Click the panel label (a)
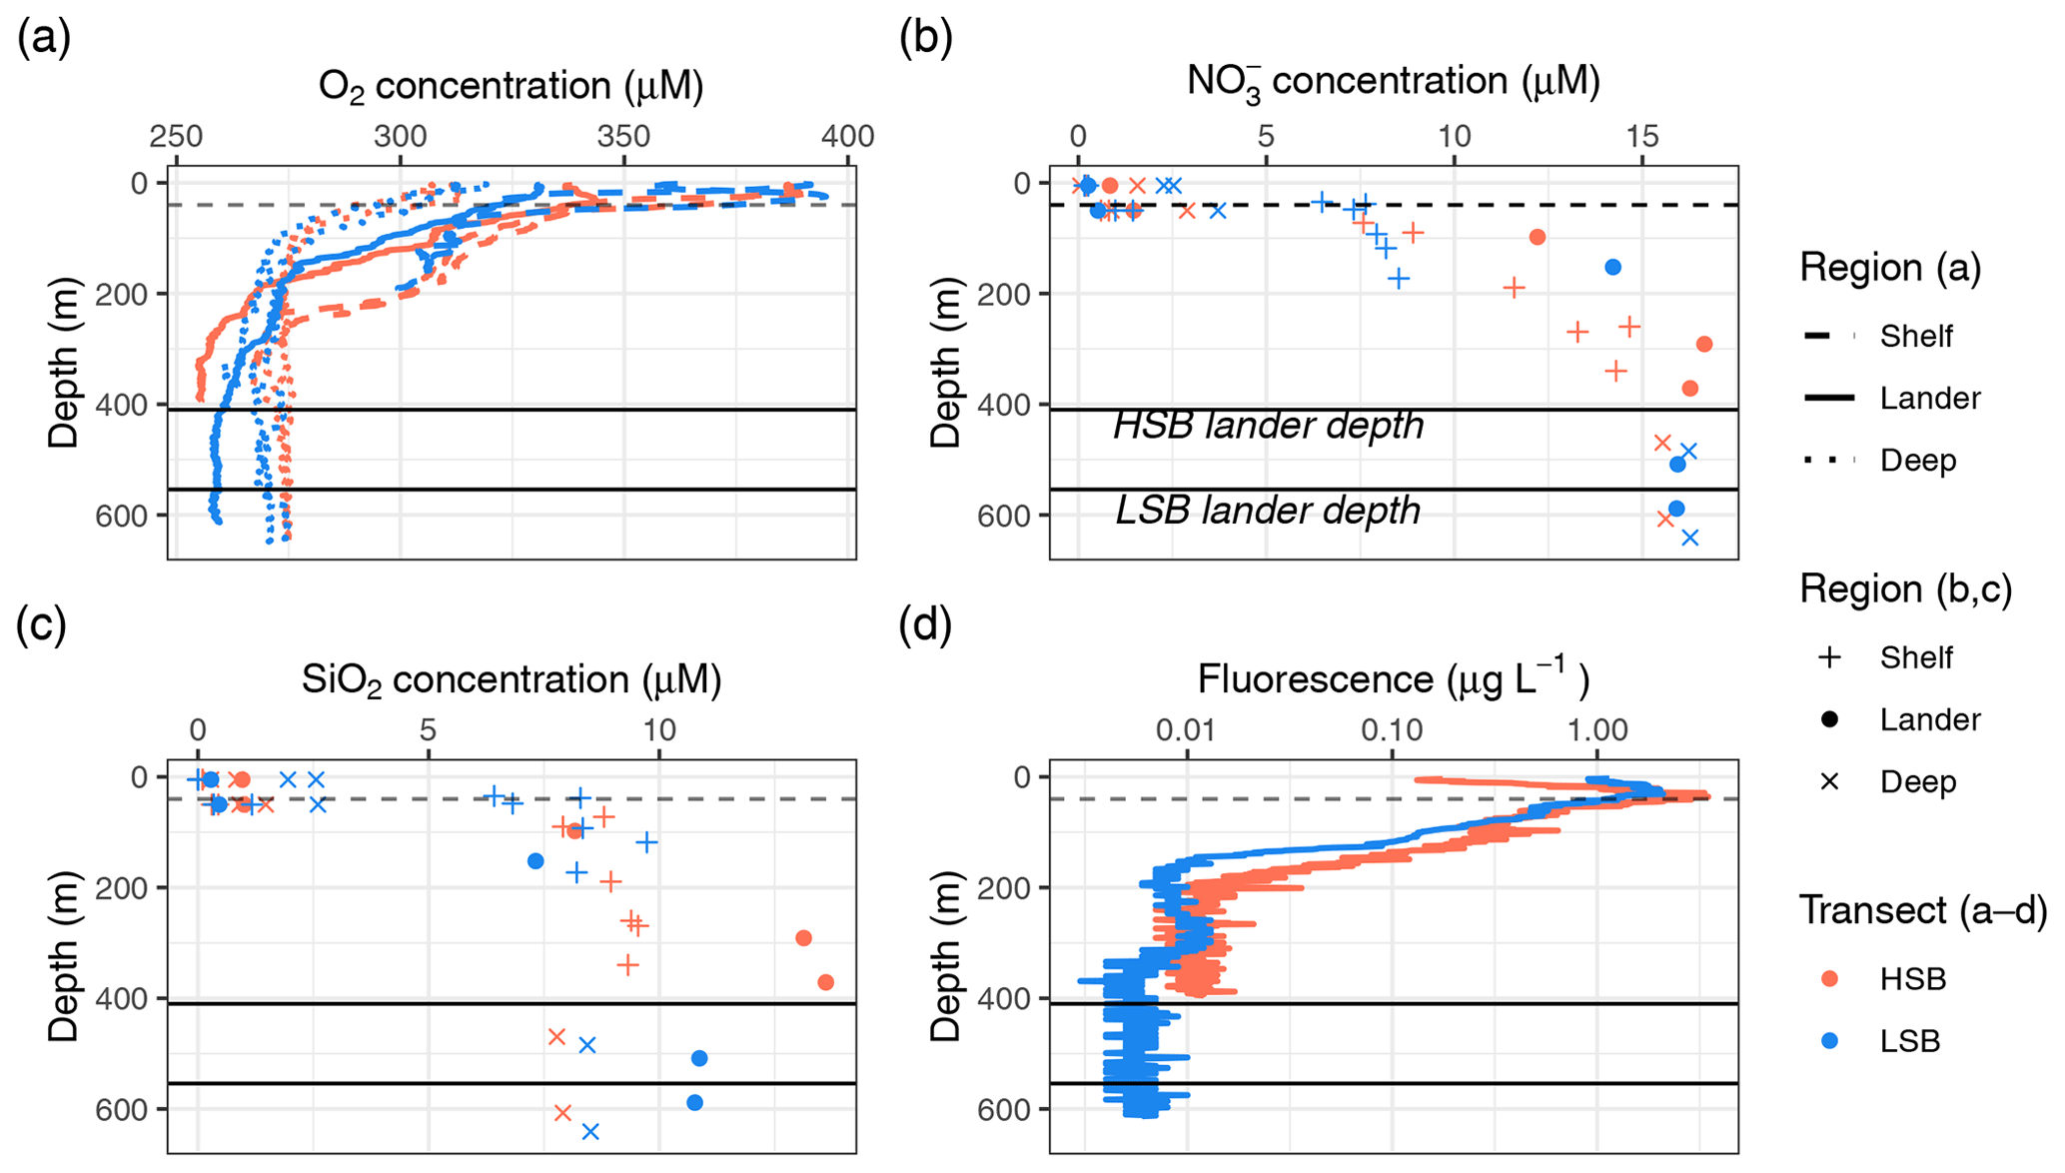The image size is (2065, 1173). pos(43,40)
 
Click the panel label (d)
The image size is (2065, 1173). pos(925,625)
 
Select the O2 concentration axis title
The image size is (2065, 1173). pos(511,86)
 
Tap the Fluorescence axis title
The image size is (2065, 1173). pos(1393,679)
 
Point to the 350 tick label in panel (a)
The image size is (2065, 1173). pos(623,137)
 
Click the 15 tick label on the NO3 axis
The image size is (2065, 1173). pos(1642,137)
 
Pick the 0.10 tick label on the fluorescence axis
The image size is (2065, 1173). pos(1392,730)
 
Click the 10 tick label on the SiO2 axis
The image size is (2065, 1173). pos(658,730)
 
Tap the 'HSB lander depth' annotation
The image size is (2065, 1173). pos(1268,426)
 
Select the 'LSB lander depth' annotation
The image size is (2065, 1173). pos(1268,511)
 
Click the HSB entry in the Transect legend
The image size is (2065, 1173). pos(1912,979)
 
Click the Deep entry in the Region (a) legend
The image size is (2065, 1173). pos(1917,461)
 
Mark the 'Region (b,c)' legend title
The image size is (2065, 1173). pos(1905,589)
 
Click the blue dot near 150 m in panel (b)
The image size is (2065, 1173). pos(1612,267)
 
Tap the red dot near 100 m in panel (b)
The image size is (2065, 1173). pos(1538,237)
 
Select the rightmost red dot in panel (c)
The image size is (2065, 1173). pos(825,982)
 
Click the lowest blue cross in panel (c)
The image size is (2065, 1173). pos(590,1131)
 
